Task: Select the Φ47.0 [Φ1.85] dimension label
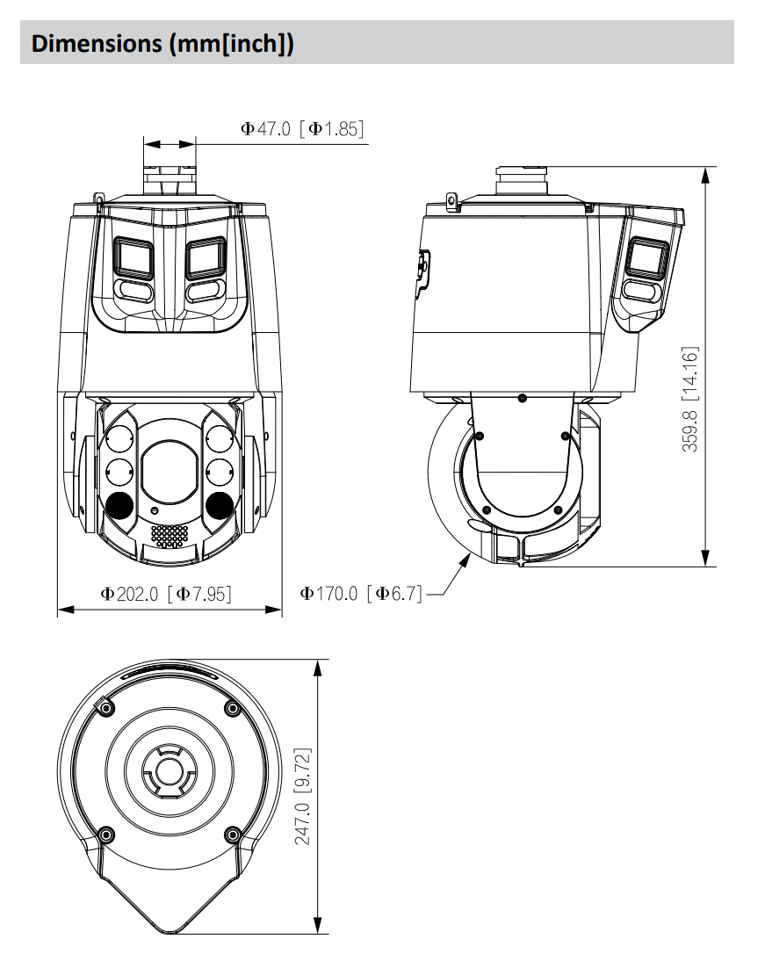pos(302,128)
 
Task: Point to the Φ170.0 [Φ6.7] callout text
pos(362,595)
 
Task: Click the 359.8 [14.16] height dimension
pos(690,399)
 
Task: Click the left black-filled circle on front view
pos(119,504)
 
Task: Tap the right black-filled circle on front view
pos(220,504)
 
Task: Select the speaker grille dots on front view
pos(169,535)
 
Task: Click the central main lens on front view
pos(170,465)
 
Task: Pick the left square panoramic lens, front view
pos(134,258)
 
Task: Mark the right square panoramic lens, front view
pos(204,258)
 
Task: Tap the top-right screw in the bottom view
pos(232,707)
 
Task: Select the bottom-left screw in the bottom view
pos(105,833)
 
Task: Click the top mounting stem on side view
pos(522,180)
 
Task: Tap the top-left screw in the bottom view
pos(105,707)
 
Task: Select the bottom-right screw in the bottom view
pos(232,833)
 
